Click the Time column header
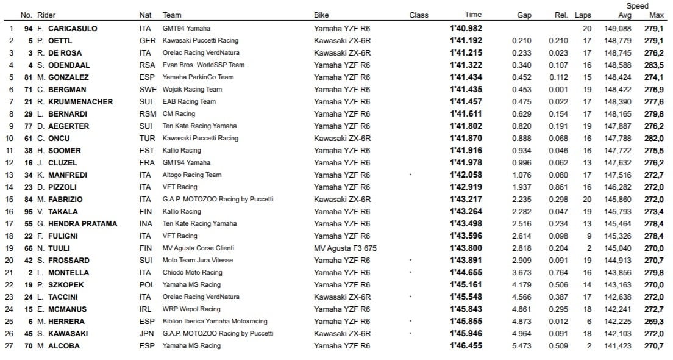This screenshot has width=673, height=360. coord(473,15)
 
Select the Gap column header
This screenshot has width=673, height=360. coord(524,15)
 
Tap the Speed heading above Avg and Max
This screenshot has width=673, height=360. coord(638,6)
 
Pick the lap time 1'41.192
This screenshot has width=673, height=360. coord(466,41)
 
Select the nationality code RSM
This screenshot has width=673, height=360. coord(147,114)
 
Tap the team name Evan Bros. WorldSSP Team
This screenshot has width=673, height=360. coord(203,65)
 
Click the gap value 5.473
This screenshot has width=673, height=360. coord(522,346)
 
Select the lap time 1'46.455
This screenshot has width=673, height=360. coord(466,346)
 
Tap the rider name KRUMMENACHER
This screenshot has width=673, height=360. coord(80,102)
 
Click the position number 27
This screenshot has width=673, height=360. coord(9,346)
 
